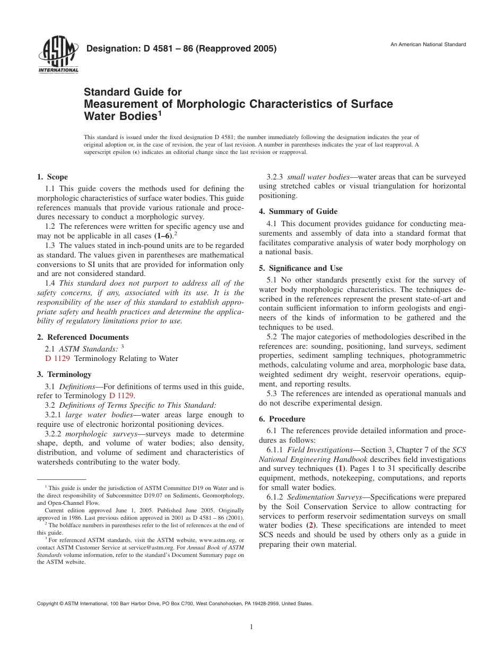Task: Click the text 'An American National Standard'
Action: [428, 44]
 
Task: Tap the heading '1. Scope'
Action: [52, 177]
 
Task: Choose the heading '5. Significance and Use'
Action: [300, 268]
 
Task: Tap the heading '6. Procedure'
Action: [282, 419]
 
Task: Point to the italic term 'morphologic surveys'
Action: [100, 434]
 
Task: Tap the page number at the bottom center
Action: [251, 627]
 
